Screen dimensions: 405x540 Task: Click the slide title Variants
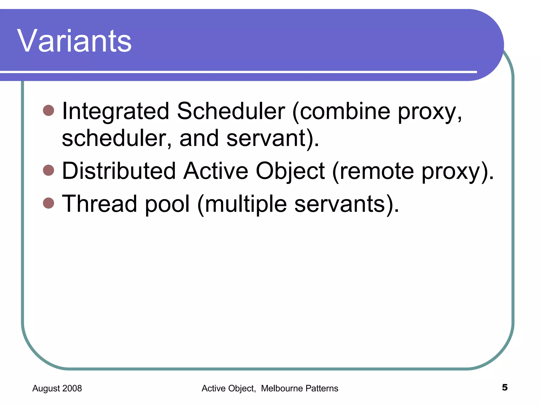click(x=74, y=41)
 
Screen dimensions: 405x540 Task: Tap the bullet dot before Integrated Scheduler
click(x=49, y=110)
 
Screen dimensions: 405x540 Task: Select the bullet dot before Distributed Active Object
click(x=49, y=170)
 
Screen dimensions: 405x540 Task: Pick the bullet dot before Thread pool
click(x=49, y=203)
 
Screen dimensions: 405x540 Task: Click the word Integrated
click(x=115, y=111)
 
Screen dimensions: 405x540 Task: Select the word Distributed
click(x=119, y=171)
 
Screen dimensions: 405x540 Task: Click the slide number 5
click(x=504, y=387)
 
